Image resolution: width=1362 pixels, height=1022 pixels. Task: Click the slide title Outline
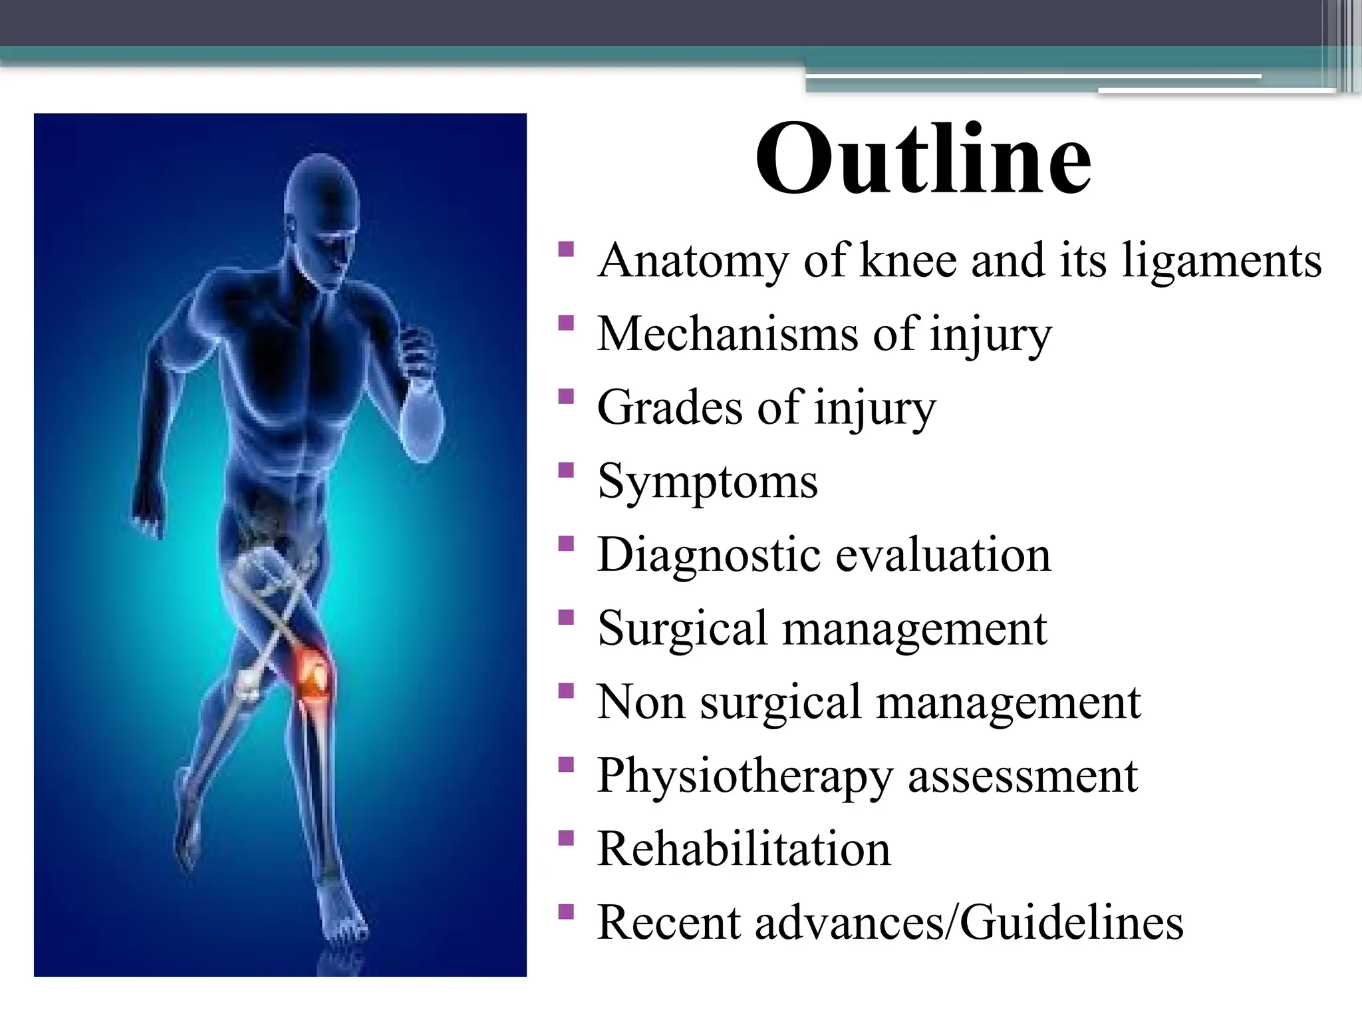click(x=923, y=160)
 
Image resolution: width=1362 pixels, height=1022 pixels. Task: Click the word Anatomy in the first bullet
click(x=692, y=261)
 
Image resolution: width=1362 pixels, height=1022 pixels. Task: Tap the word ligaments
click(x=1222, y=261)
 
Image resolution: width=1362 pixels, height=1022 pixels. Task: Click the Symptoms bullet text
click(x=708, y=482)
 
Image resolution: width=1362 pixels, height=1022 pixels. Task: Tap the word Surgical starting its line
click(x=682, y=628)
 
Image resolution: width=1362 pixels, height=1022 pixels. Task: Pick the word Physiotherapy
click(x=745, y=776)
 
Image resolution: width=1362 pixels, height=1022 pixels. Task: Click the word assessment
click(x=1023, y=776)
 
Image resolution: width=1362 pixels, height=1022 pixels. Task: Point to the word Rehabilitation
click(x=744, y=850)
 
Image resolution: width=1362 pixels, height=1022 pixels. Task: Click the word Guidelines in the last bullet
click(x=1071, y=923)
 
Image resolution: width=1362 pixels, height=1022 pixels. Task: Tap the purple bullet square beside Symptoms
click(x=566, y=470)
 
